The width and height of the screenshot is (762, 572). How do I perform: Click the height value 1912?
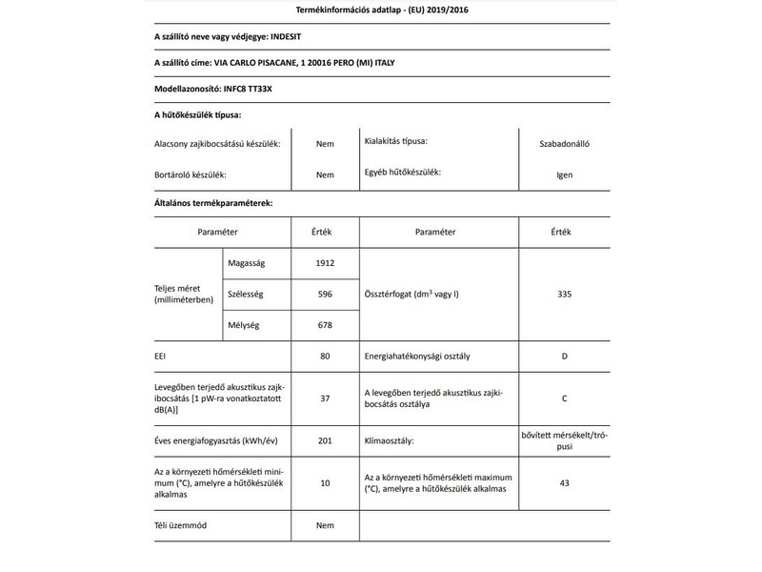coord(325,263)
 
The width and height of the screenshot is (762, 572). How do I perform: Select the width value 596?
coord(325,295)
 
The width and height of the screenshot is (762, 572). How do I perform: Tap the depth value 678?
coord(325,326)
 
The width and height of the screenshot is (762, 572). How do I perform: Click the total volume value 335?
coord(565,295)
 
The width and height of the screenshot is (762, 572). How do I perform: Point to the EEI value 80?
coord(325,357)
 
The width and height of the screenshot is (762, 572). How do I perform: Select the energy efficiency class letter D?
coord(565,357)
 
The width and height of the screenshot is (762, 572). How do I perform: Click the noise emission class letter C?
coord(565,398)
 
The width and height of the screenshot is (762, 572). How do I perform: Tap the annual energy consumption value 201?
coord(325,441)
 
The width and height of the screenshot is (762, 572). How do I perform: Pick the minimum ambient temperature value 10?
coord(325,483)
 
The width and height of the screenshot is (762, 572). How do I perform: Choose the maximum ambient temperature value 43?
coord(565,483)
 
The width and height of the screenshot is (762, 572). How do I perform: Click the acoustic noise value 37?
coord(325,398)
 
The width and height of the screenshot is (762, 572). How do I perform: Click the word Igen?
coord(565,175)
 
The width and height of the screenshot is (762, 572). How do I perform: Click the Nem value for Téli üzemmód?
coord(325,525)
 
